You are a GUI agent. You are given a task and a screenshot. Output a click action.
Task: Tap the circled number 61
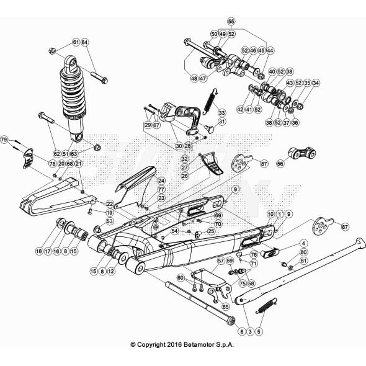(x=75, y=42)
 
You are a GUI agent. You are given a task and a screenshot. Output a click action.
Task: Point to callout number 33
(x=221, y=114)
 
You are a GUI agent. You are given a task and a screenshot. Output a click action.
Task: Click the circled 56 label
(x=280, y=164)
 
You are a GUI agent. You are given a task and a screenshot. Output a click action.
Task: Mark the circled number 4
(x=287, y=243)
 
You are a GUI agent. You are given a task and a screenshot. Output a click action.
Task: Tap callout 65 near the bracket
(x=226, y=306)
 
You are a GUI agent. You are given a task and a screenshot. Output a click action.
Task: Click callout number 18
(x=38, y=251)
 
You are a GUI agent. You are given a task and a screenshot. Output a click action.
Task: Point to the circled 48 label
(x=194, y=79)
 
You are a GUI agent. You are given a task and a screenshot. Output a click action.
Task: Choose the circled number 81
(x=303, y=262)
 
